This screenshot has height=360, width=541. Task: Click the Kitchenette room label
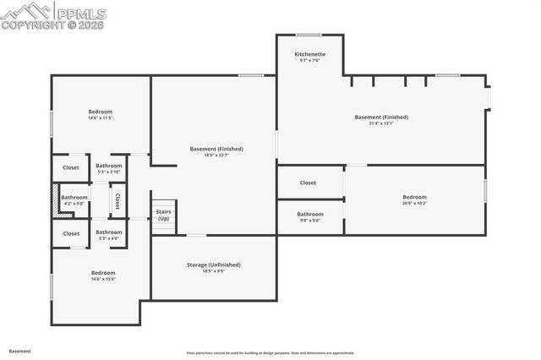[309, 54]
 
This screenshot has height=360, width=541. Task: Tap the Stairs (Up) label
[163, 215]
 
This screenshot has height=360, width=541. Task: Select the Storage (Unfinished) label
[213, 265]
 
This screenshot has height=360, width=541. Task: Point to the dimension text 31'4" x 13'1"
[381, 123]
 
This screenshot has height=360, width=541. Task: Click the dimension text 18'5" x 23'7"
[213, 155]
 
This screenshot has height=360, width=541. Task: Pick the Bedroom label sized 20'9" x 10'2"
[414, 197]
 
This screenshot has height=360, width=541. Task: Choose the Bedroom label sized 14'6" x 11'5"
[101, 112]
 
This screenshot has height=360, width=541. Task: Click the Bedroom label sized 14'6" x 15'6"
[103, 273]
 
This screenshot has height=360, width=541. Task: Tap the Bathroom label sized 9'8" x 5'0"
[309, 214]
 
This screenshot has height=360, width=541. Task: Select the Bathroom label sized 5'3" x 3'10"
[109, 166]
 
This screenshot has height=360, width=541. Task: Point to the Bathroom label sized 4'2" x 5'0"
[74, 198]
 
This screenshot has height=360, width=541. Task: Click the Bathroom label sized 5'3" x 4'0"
[109, 232]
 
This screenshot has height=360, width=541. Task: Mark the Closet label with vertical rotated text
[117, 201]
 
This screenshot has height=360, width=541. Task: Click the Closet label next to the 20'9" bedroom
[308, 183]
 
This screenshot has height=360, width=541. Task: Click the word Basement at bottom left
[20, 350]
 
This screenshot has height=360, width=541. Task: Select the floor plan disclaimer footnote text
[270, 353]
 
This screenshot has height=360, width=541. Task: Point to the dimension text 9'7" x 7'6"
[309, 60]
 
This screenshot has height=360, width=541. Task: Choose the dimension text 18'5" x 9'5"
[213, 271]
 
